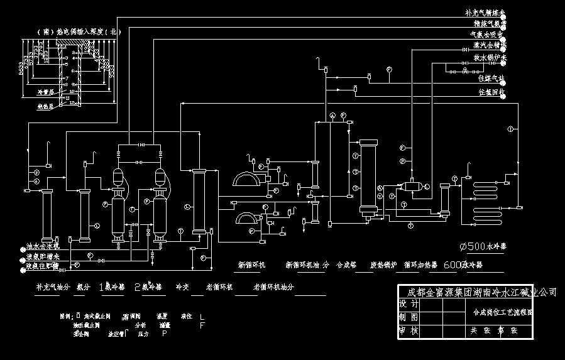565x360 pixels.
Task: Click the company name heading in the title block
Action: point(478,292)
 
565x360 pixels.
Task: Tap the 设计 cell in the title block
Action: point(409,303)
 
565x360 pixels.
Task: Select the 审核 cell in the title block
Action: point(409,329)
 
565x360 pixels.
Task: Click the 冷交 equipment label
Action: point(182,286)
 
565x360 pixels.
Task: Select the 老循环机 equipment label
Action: point(219,286)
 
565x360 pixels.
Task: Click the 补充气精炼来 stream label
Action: point(485,13)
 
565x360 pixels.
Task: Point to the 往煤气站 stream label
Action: point(490,79)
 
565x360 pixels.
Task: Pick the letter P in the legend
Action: point(165,334)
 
